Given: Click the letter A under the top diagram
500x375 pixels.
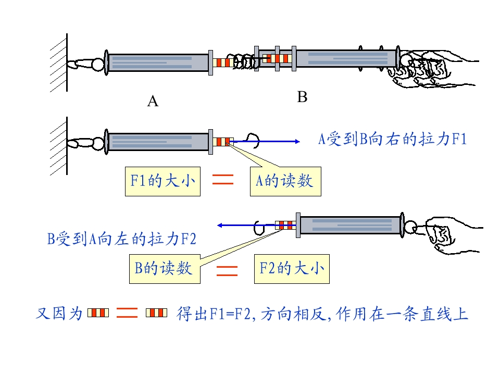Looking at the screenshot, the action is tap(153, 102).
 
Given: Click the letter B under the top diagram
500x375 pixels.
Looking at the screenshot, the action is tap(302, 97).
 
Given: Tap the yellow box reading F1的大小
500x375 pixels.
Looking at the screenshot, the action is tap(162, 181).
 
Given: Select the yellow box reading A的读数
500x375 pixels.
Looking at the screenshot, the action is tap(285, 181).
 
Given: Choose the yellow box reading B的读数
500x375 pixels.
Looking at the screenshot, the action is tap(165, 269).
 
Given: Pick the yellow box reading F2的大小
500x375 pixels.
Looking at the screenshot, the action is tap(292, 269).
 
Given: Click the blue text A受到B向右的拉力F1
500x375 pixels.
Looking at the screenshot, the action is tap(393, 140).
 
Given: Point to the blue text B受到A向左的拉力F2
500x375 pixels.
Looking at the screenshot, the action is tap(122, 239).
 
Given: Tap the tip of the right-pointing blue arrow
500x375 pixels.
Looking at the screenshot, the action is tap(300, 141).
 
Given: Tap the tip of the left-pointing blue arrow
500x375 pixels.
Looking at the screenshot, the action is tap(218, 226).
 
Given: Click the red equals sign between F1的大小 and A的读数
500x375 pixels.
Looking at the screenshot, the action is tap(223, 179).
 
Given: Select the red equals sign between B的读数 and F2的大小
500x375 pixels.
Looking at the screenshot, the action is tap(227, 271).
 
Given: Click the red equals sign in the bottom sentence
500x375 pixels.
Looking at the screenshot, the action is tap(127, 313).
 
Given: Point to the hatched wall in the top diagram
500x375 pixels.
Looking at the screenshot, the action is tap(59, 63).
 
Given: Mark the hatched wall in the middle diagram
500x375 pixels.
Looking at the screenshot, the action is tap(59, 146).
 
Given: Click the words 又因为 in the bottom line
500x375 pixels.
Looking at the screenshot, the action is tap(59, 313).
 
